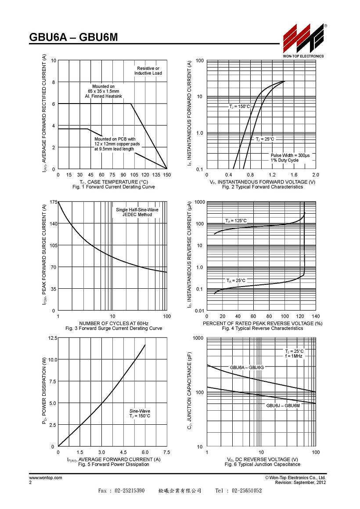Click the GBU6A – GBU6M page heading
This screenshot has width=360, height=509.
tap(73, 38)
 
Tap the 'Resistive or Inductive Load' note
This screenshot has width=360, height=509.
tap(148, 71)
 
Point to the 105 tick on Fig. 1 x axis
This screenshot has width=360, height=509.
tap(134, 175)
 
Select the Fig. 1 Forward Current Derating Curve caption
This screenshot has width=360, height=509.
tap(114, 187)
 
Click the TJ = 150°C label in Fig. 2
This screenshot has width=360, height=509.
tap(240, 107)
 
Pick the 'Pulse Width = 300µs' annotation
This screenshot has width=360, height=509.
tap(291, 155)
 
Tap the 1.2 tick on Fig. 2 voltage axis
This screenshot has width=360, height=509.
tap(272, 175)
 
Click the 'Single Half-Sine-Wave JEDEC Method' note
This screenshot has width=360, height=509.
tap(137, 212)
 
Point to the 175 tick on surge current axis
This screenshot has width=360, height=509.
tap(53, 202)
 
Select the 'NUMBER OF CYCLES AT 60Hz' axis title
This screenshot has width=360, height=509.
tap(114, 323)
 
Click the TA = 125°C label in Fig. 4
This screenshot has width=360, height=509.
tap(236, 221)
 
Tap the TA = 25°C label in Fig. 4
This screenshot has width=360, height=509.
tap(236, 280)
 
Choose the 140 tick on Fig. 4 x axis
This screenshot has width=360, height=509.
tap(316, 316)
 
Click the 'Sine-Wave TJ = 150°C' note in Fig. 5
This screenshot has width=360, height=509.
tap(140, 413)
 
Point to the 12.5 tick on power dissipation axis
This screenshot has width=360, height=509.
tap(53, 338)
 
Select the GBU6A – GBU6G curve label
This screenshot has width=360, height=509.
tap(247, 367)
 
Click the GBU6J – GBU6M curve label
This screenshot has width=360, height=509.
tap(283, 406)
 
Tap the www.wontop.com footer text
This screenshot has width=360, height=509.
tap(46, 478)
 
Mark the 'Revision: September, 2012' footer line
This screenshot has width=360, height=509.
tap(300, 483)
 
